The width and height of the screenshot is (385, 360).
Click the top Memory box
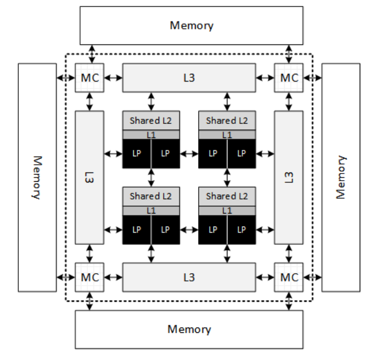[192, 25]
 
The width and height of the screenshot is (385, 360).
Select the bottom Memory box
[189, 329]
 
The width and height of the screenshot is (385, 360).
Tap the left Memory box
[37, 177]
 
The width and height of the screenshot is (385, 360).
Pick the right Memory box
[341, 177]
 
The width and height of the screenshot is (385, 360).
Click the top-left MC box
[90, 78]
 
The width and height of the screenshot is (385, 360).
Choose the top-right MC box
[289, 78]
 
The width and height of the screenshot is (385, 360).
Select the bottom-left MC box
[90, 277]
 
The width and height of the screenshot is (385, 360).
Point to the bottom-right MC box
[289, 277]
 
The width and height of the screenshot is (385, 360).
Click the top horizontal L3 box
[189, 78]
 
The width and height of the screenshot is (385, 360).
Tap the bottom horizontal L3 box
[189, 277]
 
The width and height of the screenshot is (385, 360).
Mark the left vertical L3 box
[90, 177]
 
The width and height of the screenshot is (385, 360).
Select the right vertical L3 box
[289, 177]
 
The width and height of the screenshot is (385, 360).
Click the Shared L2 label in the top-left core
[151, 120]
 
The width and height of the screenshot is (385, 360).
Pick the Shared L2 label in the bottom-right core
[227, 196]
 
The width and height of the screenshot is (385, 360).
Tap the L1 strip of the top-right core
[227, 135]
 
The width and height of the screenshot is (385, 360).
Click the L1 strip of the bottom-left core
[151, 210]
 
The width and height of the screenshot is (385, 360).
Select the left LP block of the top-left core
[137, 153]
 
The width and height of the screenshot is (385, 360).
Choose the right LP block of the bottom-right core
[242, 229]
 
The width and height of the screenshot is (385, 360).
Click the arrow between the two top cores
[189, 153]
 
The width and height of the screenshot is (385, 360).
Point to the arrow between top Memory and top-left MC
[90, 54]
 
